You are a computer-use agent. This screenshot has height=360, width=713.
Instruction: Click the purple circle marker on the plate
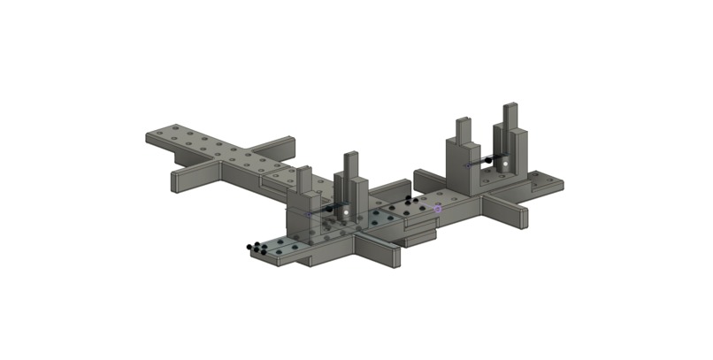(x=437, y=208)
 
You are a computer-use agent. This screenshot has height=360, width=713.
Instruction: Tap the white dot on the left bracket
(x=346, y=211)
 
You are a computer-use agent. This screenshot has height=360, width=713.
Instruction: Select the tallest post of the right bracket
(x=510, y=124)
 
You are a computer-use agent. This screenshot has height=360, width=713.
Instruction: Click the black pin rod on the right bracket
(x=482, y=163)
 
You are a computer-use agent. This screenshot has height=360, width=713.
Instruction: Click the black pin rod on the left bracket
(x=325, y=211)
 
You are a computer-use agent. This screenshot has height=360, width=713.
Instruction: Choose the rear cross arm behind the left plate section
(x=274, y=147)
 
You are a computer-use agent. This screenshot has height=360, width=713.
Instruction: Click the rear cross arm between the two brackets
(x=429, y=176)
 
